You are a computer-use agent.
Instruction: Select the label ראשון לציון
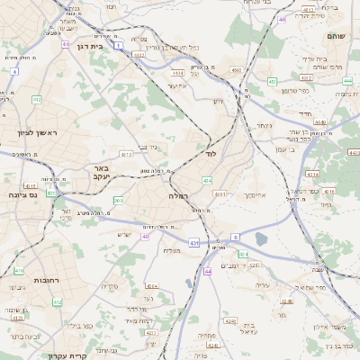pos(37,133)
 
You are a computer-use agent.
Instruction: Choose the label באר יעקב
pos(99,172)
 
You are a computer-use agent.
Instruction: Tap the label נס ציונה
pos(22,194)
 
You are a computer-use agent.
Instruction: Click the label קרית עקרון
pos(67,355)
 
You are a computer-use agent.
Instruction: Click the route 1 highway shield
pos(119,43)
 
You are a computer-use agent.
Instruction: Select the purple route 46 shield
pos(283,19)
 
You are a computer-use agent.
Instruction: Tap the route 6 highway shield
pos(235,237)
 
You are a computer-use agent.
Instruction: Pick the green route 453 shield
pos(272,81)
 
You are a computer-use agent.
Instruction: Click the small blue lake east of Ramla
pos(261,239)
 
